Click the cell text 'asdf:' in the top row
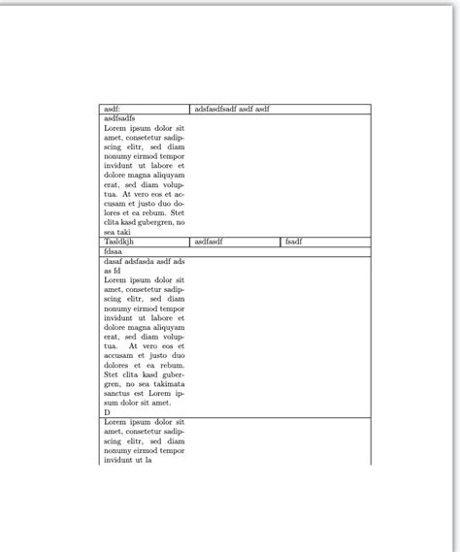pyautogui.click(x=112, y=110)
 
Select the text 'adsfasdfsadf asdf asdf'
pyautogui.click(x=232, y=110)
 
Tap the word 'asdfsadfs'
pyautogui.click(x=119, y=118)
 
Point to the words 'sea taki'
pyautogui.click(x=116, y=232)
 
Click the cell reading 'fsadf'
pyautogui.click(x=294, y=242)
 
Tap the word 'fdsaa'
pyautogui.click(x=114, y=251)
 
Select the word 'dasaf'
pyautogui.click(x=113, y=261)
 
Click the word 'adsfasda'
pyautogui.click(x=144, y=261)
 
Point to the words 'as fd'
pyautogui.click(x=113, y=271)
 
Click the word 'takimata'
pyautogui.click(x=165, y=383)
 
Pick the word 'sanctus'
pyautogui.click(x=118, y=393)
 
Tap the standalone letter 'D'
pyautogui.click(x=107, y=411)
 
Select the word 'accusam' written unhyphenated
pyautogui.click(x=119, y=355)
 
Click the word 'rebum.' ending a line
pyautogui.click(x=173, y=365)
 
